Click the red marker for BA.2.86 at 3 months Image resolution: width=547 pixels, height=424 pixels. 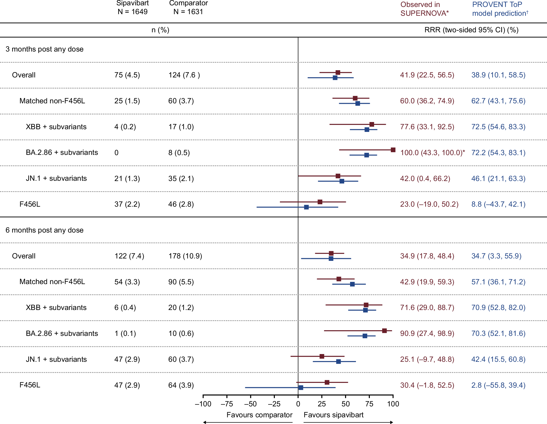(393, 150)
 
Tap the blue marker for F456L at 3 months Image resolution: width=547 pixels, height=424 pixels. (306, 207)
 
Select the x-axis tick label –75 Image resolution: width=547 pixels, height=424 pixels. (227, 404)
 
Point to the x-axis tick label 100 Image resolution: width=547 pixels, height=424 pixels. (393, 404)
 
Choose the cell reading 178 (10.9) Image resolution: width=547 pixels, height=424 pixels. (185, 256)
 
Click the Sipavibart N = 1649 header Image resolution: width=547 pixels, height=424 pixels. (133, 8)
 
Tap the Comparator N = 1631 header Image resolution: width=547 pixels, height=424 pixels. (188, 8)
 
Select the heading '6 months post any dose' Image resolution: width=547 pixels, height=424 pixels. (45, 230)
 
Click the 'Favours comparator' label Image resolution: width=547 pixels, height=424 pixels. (259, 415)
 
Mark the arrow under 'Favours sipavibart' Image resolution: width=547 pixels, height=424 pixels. (348, 422)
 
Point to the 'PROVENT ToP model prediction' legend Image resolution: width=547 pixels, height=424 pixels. (500, 9)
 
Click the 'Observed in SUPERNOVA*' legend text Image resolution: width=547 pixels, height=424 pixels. (425, 9)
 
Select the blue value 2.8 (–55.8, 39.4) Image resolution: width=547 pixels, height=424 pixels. (498, 385)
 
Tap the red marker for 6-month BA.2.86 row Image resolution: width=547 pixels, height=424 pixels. (384, 331)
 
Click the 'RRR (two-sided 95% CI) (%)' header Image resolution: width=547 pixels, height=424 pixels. (471, 30)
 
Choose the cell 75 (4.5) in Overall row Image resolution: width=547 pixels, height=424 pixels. (127, 75)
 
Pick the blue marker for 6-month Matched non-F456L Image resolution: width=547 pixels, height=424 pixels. (352, 284)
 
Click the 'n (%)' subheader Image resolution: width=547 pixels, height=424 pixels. (160, 30)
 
